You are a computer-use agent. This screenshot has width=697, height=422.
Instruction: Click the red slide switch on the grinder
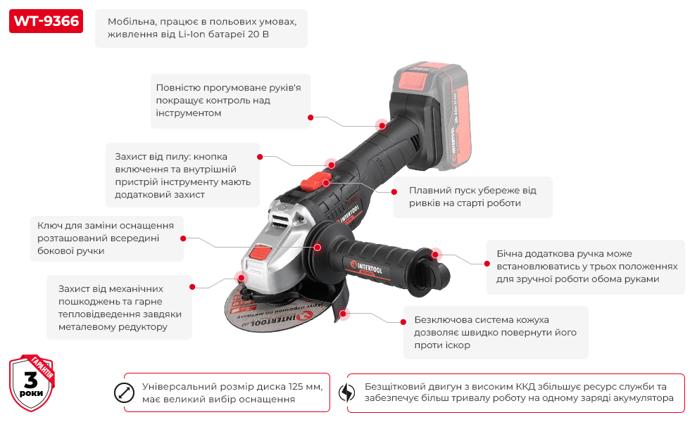pos(311,183)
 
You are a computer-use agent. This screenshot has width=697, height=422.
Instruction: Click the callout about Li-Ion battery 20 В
pos(201,28)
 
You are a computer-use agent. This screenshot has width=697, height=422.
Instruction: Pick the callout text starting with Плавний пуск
pos(471,197)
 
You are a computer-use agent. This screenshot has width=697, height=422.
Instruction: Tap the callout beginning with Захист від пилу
pos(181,175)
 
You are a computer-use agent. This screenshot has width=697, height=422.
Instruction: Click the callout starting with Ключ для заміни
pos(105,238)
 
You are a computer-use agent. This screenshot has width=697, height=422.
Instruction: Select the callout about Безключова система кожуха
pos(495,332)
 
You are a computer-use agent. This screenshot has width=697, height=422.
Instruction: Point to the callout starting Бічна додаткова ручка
pos(585,267)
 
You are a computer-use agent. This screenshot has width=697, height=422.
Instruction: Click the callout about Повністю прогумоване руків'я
pos(230,101)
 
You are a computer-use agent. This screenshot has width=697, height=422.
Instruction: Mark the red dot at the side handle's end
pos(436,253)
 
